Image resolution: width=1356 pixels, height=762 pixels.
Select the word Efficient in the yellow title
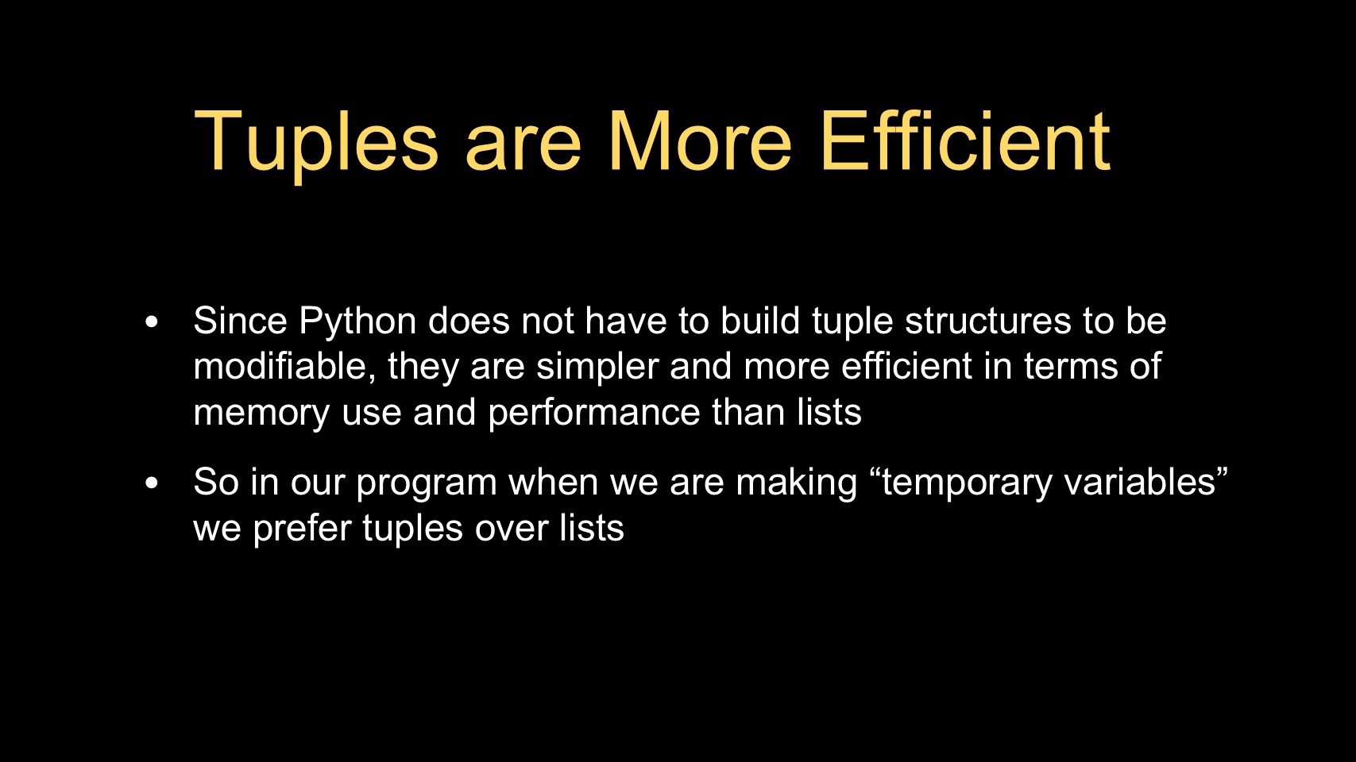(x=965, y=141)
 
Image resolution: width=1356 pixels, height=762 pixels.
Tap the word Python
(x=357, y=322)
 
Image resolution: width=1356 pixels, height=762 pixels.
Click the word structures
(x=988, y=321)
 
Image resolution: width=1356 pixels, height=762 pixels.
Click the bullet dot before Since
(x=152, y=321)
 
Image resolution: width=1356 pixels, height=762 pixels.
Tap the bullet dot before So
(x=152, y=483)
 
